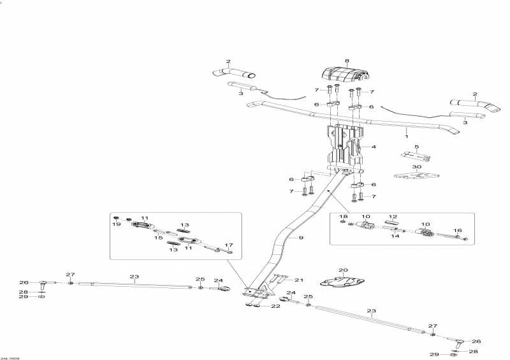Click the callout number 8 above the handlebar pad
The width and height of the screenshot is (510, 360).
pos(347,61)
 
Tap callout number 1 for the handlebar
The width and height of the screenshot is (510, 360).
pos(406,136)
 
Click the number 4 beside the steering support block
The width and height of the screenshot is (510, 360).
pos(374,147)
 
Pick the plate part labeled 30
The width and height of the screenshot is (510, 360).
pos(416,175)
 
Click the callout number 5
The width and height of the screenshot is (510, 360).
pos(417,147)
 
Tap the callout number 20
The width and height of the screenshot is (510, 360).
pos(343,270)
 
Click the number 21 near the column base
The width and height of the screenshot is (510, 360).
pos(299,280)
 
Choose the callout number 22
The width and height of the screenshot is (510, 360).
pos(276,306)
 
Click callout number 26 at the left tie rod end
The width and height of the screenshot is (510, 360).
pos(24,283)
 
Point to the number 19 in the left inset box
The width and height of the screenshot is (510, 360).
pos(117,224)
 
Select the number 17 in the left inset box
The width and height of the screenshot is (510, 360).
pos(229,245)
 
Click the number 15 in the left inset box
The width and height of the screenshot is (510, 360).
pos(158,238)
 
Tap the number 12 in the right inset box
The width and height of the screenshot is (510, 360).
pos(393,217)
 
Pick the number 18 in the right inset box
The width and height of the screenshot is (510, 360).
pos(344,216)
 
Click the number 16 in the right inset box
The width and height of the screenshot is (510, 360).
pos(458,231)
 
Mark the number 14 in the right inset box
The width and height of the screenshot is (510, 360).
pos(395,236)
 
